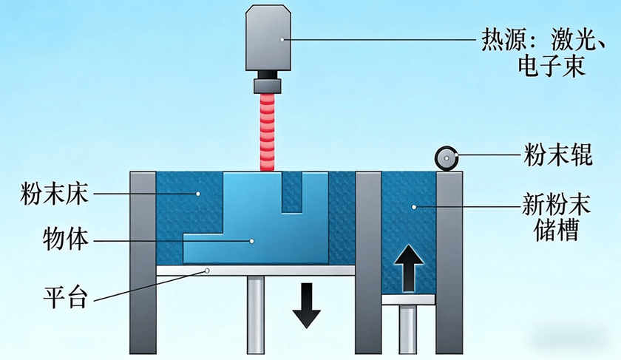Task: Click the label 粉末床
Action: coord(55,195)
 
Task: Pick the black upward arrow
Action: coord(408,267)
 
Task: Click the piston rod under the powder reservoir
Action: coord(408,329)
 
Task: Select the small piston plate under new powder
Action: coord(408,299)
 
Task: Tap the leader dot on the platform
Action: coord(208,271)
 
